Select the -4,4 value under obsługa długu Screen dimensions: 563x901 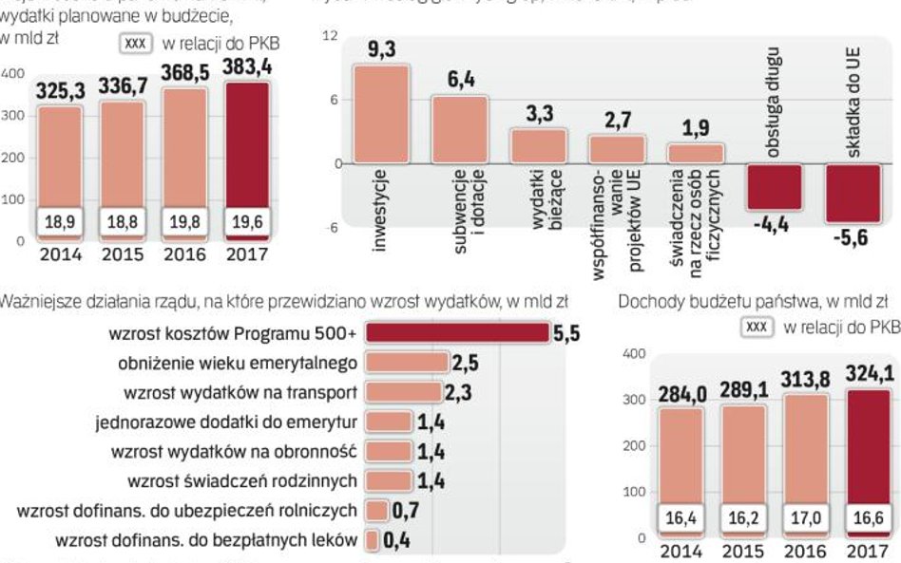click(x=771, y=225)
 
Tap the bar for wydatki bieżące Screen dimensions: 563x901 click(x=539, y=145)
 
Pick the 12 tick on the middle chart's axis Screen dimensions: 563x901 click(x=330, y=36)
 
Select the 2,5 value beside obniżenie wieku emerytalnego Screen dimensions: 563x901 click(x=464, y=363)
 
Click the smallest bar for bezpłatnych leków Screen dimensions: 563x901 click(x=374, y=541)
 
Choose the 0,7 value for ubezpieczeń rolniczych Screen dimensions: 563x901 click(x=406, y=511)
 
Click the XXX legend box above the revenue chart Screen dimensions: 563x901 click(x=757, y=328)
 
